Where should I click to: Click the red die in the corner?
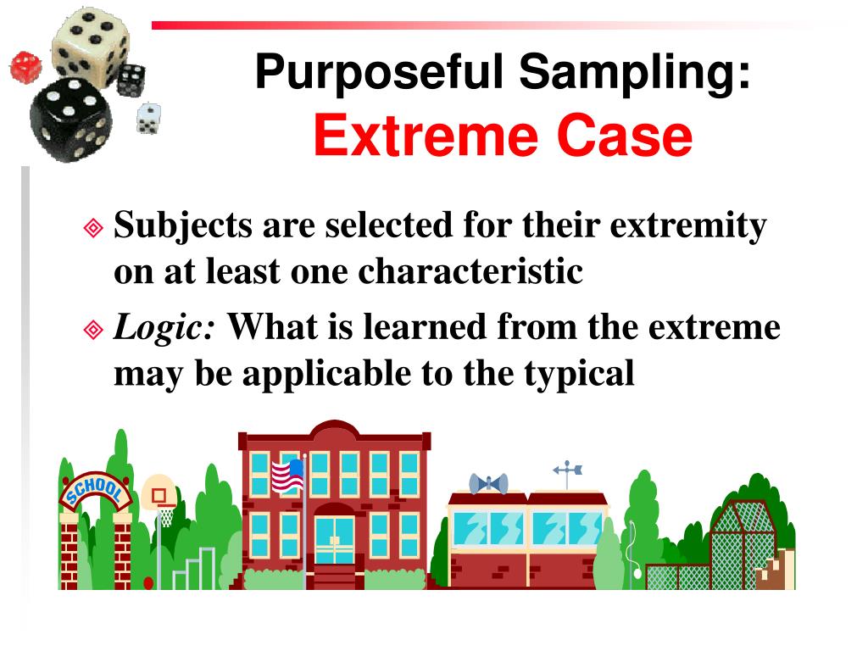(x=25, y=67)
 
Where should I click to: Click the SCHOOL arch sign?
(x=94, y=491)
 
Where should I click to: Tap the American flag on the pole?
(x=287, y=476)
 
